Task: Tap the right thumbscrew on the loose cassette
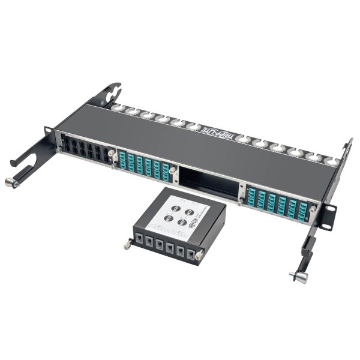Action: (199, 254)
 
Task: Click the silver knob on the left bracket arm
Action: (10, 182)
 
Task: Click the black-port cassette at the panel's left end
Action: (84, 150)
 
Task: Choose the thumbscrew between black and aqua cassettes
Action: (112, 155)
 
